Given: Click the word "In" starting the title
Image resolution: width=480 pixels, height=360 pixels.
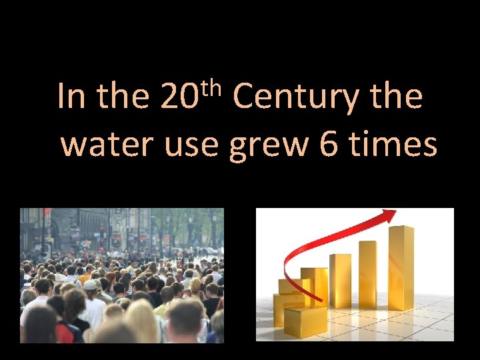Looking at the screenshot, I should pos(71,97).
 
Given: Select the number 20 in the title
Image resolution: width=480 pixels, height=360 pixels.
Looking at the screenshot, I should pos(178,97).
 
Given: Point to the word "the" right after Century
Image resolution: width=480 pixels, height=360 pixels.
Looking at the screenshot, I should pos(397,97).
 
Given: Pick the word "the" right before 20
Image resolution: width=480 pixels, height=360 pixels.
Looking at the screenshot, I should pos(123,97).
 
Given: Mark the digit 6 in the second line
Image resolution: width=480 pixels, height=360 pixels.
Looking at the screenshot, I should pos(328,145).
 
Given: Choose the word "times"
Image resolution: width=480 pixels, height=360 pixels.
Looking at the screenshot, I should pos(393,145).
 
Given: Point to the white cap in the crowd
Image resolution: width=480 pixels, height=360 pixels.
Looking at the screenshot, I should pos(90,285).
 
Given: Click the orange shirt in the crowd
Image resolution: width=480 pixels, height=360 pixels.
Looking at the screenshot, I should pos(83,273).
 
